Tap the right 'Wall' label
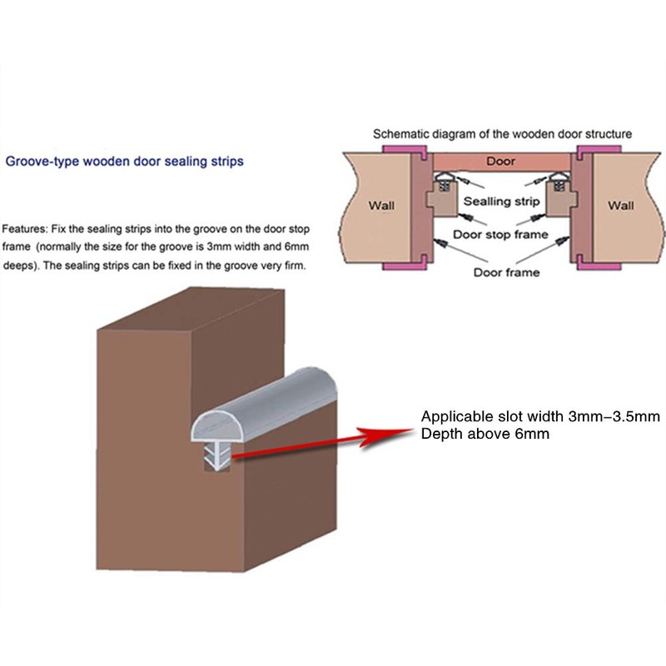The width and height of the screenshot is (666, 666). [x=621, y=206]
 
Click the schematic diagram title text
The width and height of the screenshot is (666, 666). [x=503, y=133]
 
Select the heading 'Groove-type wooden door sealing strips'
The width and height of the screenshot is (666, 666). [x=125, y=162]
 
